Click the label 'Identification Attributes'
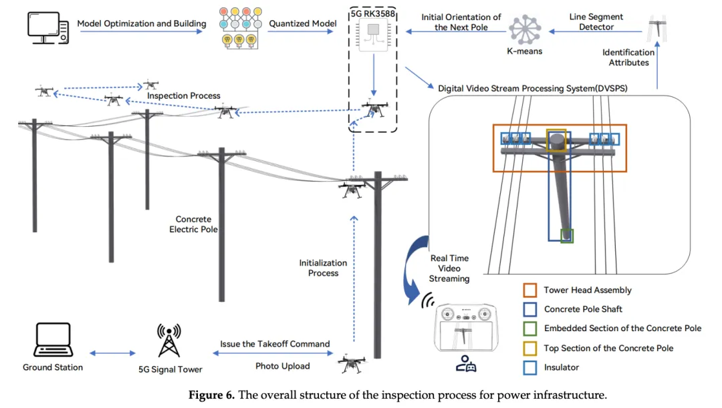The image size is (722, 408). click(628, 57)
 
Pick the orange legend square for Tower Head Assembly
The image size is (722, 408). click(531, 290)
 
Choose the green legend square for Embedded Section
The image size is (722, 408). click(531, 328)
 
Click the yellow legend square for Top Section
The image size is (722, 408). click(531, 347)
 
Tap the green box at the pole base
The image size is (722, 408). click(567, 235)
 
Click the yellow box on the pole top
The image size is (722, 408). click(556, 141)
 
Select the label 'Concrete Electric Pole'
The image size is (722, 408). click(193, 224)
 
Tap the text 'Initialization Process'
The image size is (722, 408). click(323, 268)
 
